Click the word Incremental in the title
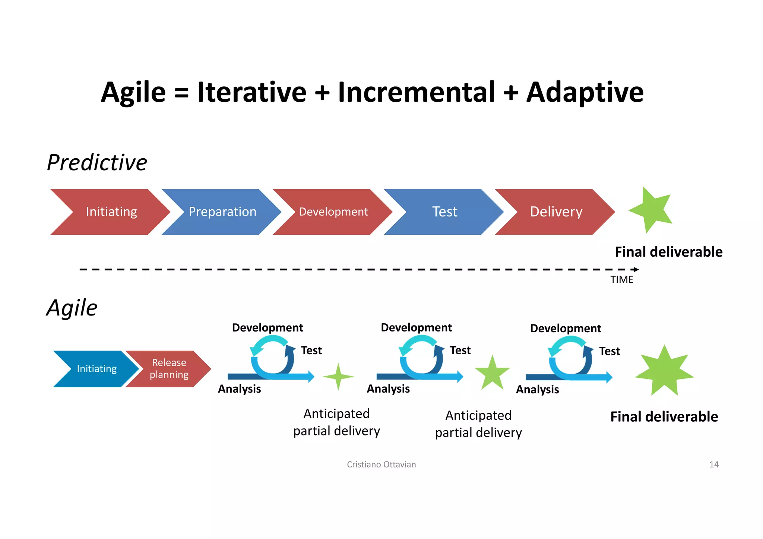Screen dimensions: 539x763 tap(416, 92)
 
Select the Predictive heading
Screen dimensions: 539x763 tap(97, 163)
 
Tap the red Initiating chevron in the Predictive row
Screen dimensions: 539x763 tap(111, 212)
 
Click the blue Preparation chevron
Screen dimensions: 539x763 tap(222, 212)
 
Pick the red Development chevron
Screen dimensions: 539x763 tap(333, 212)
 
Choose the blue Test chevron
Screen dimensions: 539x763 tap(444, 212)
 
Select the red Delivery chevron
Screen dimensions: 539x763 tap(555, 212)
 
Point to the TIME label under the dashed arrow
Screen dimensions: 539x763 tap(621, 280)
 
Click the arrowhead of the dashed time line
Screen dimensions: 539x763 tap(636, 269)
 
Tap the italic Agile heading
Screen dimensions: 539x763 tap(72, 308)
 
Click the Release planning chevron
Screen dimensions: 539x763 tap(169, 369)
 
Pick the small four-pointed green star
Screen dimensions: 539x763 tap(338, 377)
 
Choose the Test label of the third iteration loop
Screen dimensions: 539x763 tap(609, 351)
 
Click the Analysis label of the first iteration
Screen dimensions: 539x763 tap(239, 389)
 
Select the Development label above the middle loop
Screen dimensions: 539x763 tap(416, 327)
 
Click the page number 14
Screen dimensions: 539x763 tap(713, 465)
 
